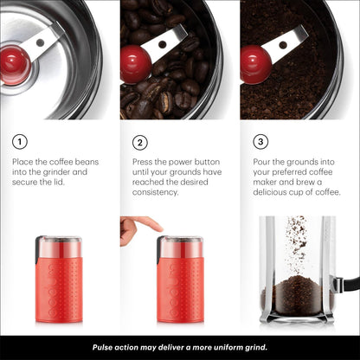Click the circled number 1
click(20, 142)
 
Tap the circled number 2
click(140, 143)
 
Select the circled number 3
click(260, 142)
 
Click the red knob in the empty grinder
click(15, 65)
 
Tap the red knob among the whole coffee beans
click(135, 64)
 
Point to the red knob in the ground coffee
click(255, 64)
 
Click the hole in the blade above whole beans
click(163, 44)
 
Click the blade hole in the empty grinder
click(41, 42)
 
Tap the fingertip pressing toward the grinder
click(158, 228)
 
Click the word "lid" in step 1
click(60, 183)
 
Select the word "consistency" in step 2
click(156, 192)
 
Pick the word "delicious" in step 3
click(270, 192)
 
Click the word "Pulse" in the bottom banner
click(102, 347)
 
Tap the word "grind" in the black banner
click(256, 347)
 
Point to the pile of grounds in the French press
click(297, 295)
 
